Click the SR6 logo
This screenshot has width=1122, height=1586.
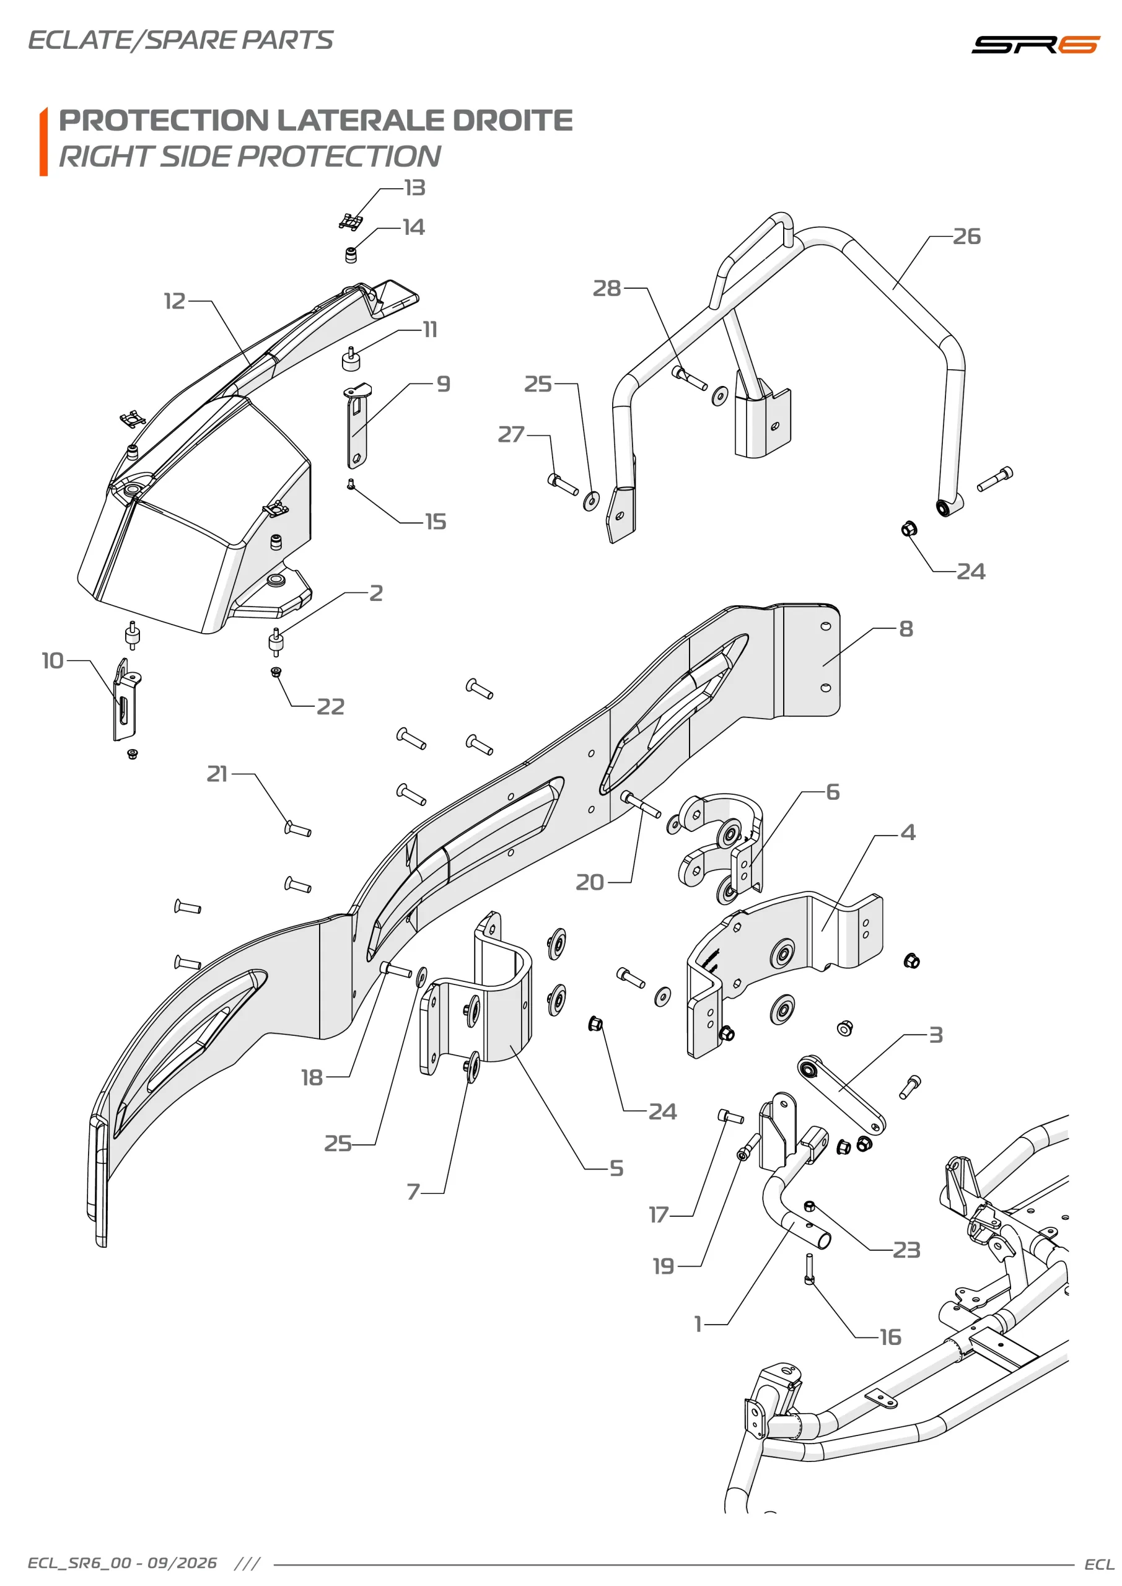pyautogui.click(x=1035, y=44)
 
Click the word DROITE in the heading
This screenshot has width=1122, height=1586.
pyautogui.click(x=512, y=120)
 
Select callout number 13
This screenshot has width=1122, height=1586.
pyautogui.click(x=414, y=188)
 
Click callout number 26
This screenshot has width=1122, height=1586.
pyautogui.click(x=966, y=236)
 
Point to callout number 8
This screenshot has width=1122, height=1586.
pyautogui.click(x=906, y=629)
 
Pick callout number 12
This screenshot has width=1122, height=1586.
pyautogui.click(x=175, y=301)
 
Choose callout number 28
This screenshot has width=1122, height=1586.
pyautogui.click(x=607, y=288)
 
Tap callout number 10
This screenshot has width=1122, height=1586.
pyautogui.click(x=53, y=660)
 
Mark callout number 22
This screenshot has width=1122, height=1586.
pyautogui.click(x=330, y=707)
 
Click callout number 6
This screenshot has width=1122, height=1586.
pyautogui.click(x=833, y=792)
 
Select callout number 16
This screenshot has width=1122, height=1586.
pyautogui.click(x=890, y=1338)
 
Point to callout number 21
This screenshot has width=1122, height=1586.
pyautogui.click(x=217, y=774)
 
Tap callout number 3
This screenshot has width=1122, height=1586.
pyautogui.click(x=936, y=1035)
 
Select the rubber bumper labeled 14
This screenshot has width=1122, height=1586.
pyautogui.click(x=351, y=255)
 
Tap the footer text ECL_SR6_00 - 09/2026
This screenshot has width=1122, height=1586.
pyautogui.click(x=122, y=1563)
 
